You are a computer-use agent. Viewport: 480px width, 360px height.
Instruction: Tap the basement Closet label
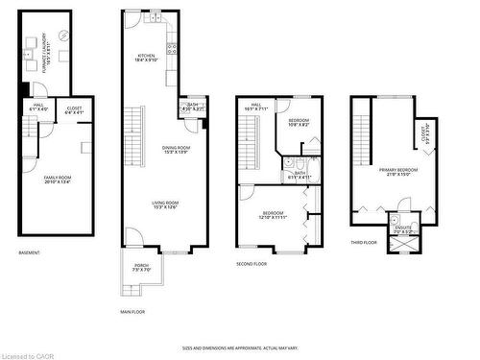(x=74, y=110)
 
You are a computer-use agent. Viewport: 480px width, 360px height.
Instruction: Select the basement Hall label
(x=39, y=108)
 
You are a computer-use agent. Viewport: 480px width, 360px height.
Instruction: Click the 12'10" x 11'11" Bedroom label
(x=273, y=215)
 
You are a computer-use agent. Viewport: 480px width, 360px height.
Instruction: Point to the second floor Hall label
(x=256, y=107)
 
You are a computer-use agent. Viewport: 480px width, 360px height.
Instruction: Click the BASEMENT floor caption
(x=30, y=253)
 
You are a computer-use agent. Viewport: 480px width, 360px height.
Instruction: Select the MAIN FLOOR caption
(x=132, y=312)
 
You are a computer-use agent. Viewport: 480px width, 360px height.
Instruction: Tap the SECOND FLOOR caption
(x=252, y=263)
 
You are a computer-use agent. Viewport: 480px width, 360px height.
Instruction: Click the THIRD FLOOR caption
(x=364, y=243)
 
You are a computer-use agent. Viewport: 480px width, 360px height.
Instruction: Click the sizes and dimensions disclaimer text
(x=240, y=348)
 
